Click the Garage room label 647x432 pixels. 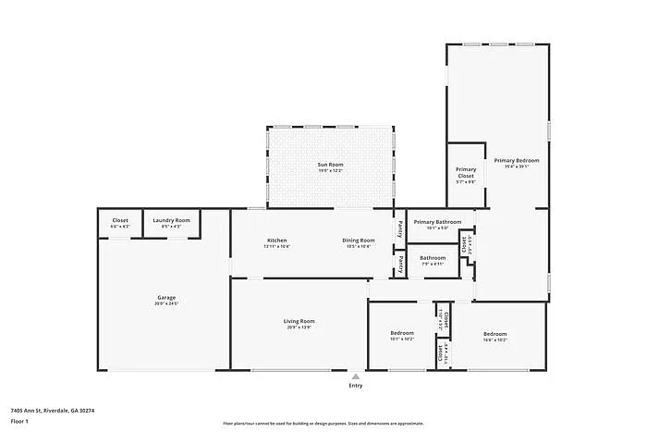click(x=166, y=297)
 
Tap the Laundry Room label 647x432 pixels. click(x=171, y=219)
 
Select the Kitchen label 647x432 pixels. click(x=277, y=240)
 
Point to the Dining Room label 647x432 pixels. click(x=360, y=240)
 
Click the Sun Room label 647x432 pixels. click(x=330, y=164)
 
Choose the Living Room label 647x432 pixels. click(x=299, y=320)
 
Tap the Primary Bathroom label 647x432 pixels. click(x=437, y=222)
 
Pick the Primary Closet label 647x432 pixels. click(x=466, y=173)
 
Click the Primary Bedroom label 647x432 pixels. click(x=516, y=160)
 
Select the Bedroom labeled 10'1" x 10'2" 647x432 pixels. click(x=401, y=333)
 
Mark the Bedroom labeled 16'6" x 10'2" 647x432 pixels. click(x=494, y=333)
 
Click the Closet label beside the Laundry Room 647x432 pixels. click(x=120, y=219)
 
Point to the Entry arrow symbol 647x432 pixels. click(x=356, y=376)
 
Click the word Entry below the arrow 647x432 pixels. click(x=356, y=386)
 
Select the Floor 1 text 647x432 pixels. click(x=20, y=421)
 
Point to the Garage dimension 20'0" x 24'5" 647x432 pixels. click(x=166, y=303)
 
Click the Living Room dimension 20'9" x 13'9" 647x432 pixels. click(x=299, y=327)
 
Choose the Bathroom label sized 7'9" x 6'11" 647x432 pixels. click(x=433, y=257)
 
